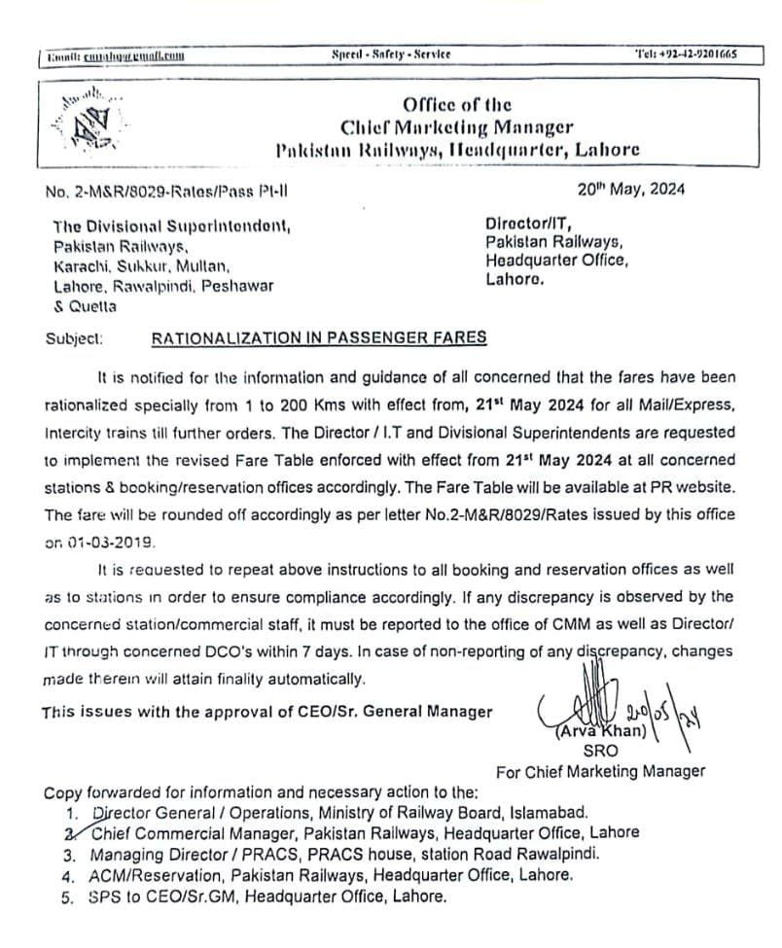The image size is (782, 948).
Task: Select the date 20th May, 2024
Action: (x=631, y=190)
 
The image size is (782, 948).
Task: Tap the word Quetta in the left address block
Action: (x=92, y=306)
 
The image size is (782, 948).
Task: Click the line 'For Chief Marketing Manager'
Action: (x=601, y=772)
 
